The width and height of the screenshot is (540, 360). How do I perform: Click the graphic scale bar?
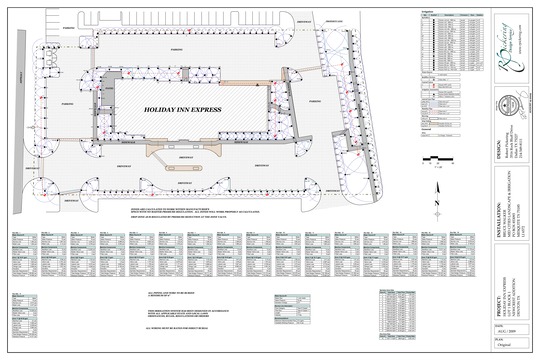437,159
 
